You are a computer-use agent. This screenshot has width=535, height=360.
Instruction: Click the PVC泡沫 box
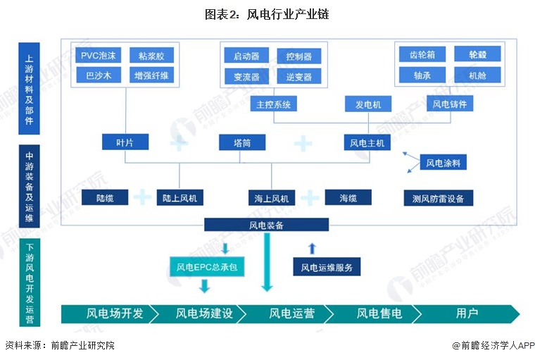coord(99,56)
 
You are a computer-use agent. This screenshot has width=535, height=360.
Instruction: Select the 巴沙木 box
coord(99,75)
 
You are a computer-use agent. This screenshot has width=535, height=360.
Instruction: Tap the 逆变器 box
coord(299,77)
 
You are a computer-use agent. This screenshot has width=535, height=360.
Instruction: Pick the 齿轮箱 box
coord(422,55)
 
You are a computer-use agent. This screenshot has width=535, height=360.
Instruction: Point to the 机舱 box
coord(478,75)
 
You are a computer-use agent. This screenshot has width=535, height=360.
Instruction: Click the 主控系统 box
coord(274,104)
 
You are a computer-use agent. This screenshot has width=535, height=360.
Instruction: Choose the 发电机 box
coord(368,104)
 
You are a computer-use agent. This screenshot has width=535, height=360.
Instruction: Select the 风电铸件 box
coord(450,104)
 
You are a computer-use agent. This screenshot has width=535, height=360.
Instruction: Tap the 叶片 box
coord(125,142)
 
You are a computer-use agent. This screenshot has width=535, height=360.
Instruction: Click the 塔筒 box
coord(242,142)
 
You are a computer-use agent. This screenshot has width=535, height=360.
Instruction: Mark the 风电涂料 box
coord(443,163)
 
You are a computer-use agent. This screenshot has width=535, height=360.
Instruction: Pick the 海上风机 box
coord(272,198)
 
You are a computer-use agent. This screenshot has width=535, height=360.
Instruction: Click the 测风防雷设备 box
coord(439,198)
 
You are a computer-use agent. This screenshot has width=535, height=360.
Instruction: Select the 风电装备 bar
coord(267,225)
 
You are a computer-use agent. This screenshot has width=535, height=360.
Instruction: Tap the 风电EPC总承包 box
coord(207,266)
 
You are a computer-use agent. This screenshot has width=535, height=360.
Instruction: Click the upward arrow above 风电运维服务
coord(312,248)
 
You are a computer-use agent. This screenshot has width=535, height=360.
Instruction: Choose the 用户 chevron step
coord(466,314)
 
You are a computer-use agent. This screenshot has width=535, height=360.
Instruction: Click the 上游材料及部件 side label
coord(29,89)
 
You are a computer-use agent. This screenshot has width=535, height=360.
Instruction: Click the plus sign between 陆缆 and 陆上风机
coord(142,197)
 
